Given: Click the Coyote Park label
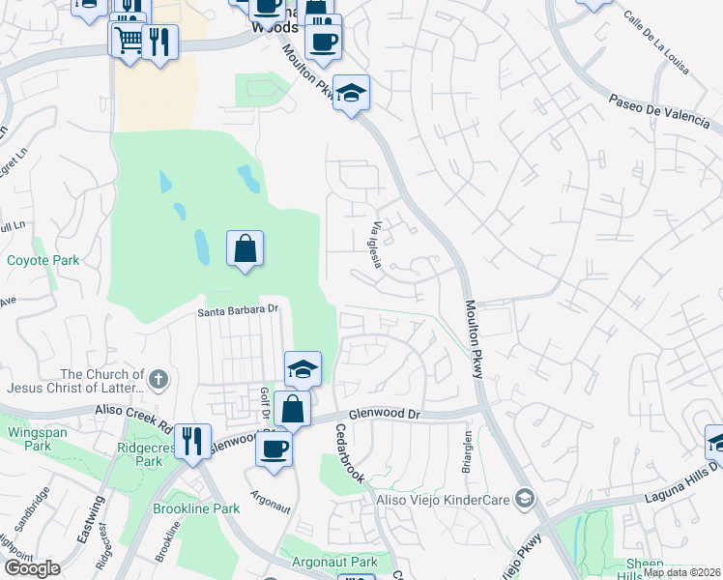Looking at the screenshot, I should (x=43, y=260).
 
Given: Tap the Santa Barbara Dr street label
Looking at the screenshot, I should (x=238, y=310).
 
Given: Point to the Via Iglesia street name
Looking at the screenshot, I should (x=378, y=245).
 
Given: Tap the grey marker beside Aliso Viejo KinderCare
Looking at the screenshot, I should (x=525, y=499).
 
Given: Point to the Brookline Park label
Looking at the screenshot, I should (x=196, y=508).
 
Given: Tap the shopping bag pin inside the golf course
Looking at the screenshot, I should (x=246, y=248).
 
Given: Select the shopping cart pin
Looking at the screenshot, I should (x=127, y=40).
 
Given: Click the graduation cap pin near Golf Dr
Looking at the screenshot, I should (x=303, y=368).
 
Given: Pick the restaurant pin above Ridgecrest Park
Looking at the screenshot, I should (x=191, y=441).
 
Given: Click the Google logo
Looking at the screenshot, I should (x=32, y=568).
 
